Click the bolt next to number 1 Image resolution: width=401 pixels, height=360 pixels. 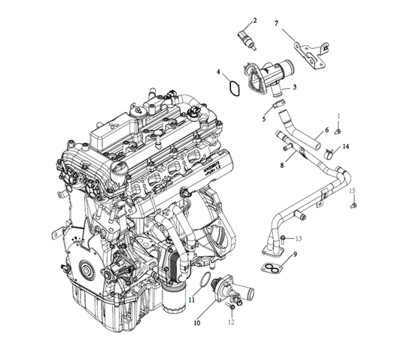click(337, 132)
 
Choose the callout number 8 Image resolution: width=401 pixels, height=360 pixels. click(282, 164)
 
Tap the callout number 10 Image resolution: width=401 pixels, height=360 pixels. click(197, 323)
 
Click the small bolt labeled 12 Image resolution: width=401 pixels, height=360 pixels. click(234, 305)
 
